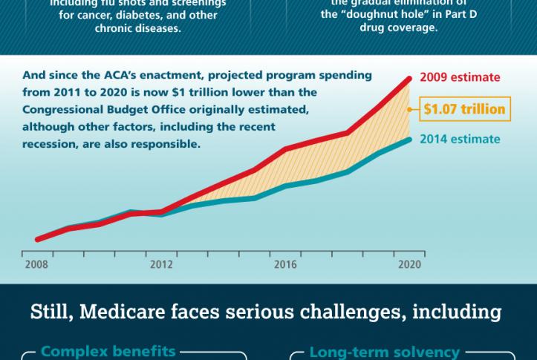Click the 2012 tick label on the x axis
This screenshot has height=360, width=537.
coord(161,264)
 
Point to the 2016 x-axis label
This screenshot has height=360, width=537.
coord(285,264)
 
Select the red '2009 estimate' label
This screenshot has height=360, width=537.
coord(460,77)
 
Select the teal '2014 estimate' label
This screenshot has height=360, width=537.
coord(460,139)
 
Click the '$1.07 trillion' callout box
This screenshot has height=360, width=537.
coord(464,109)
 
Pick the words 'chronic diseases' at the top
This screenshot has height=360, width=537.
coord(133,27)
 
